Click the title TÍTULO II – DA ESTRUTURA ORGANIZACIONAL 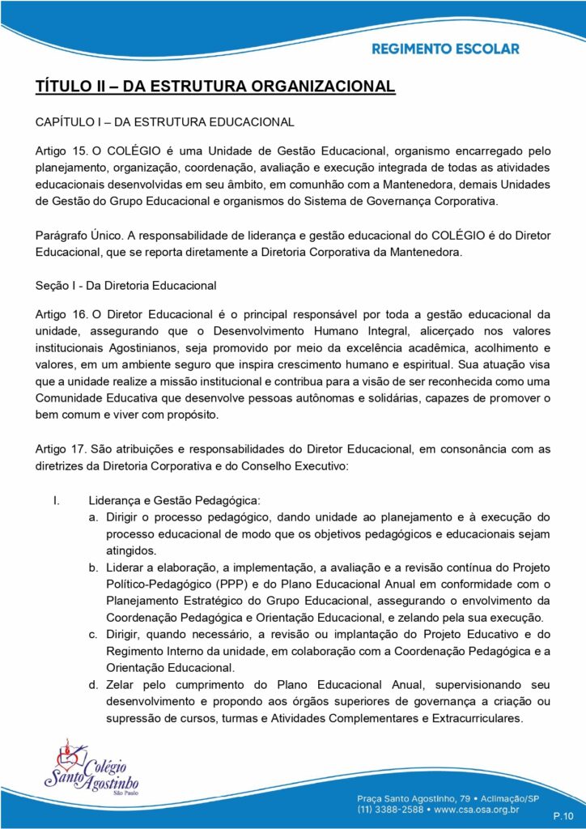[215, 85]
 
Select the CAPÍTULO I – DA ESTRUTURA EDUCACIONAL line [164, 122]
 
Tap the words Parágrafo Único [79, 235]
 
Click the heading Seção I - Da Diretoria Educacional [126, 285]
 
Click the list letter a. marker [95, 517]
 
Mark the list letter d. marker [95, 685]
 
